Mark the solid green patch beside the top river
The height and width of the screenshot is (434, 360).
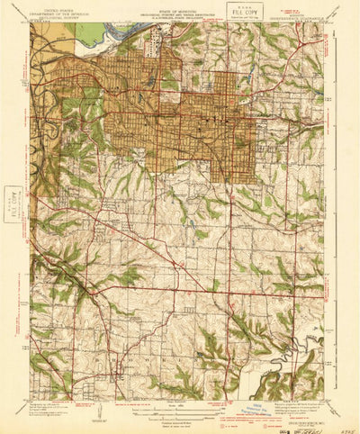90,34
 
